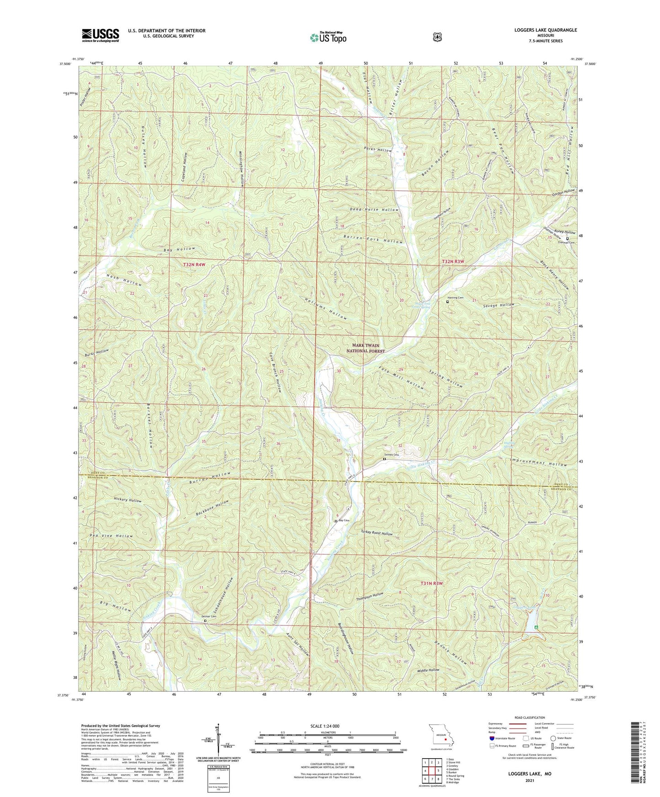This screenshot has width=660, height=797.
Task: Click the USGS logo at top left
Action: click(x=100, y=35)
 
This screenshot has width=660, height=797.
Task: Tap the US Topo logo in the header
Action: click(x=328, y=37)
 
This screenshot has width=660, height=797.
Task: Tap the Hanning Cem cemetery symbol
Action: click(x=447, y=302)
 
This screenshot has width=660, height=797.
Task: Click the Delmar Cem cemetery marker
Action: click(x=205, y=621)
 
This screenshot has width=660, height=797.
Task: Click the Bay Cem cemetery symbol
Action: click(x=336, y=521)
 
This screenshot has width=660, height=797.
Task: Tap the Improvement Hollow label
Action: click(x=538, y=464)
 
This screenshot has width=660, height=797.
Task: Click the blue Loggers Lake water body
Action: click(x=531, y=619)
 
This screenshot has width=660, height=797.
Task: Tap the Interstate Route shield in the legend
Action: click(x=491, y=738)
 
